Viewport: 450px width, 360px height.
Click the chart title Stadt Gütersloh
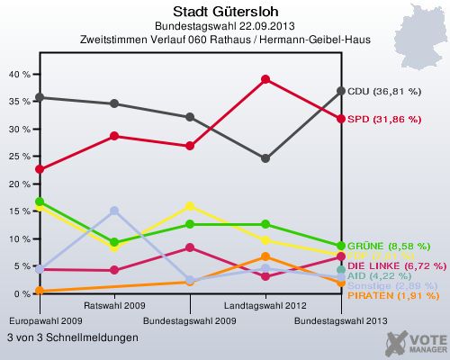click(225, 11)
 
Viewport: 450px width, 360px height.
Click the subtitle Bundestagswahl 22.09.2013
click(225, 26)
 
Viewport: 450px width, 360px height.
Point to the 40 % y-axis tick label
click(18, 75)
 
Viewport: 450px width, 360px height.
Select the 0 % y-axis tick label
click(21, 294)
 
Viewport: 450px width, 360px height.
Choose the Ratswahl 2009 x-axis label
click(114, 307)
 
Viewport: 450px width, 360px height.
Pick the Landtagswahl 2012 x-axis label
click(265, 307)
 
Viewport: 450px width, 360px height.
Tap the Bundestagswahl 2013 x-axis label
click(341, 320)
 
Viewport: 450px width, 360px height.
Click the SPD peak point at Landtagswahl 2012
click(265, 79)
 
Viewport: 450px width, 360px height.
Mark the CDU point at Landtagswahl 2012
click(265, 158)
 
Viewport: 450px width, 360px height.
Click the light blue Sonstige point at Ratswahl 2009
click(114, 211)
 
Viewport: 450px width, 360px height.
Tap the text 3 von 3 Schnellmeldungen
click(72, 337)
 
